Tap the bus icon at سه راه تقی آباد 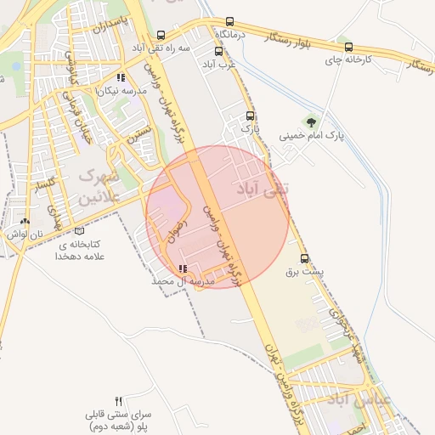pos(161,36)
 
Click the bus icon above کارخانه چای pos(347,48)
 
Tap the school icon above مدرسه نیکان pos(121,77)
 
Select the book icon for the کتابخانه pos(80,230)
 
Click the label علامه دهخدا pos(78,255)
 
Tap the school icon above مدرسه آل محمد pos(182,269)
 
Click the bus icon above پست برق pos(305,258)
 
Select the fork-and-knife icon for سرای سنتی pos(119,400)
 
